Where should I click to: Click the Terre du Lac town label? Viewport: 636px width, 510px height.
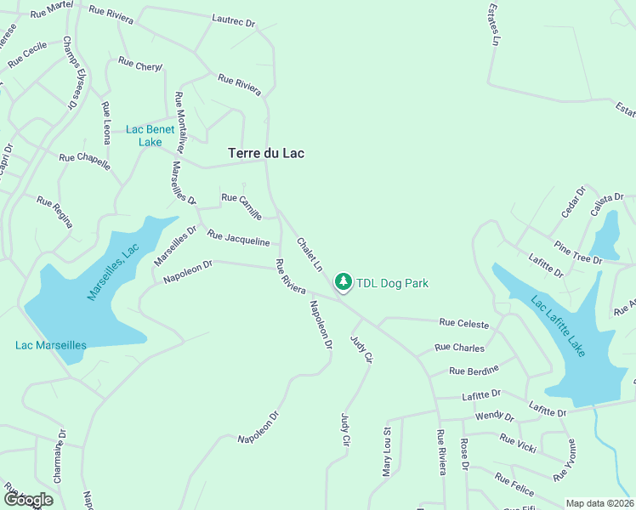click(x=266, y=154)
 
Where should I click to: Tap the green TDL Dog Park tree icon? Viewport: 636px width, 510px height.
click(x=343, y=281)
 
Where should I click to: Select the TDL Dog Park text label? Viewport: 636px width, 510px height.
click(x=392, y=283)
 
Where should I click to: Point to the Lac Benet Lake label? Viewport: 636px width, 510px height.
click(x=150, y=135)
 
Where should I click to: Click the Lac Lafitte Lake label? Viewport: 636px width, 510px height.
click(x=558, y=326)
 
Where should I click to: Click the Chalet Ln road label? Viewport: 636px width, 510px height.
click(x=309, y=254)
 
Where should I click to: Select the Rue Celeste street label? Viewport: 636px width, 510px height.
click(x=463, y=324)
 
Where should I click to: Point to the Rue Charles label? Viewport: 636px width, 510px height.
click(x=459, y=348)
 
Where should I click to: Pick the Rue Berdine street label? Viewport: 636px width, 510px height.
click(x=474, y=371)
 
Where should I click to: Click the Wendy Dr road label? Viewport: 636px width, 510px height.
click(x=495, y=416)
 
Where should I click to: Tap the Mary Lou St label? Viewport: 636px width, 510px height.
click(x=387, y=450)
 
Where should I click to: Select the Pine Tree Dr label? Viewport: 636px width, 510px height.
click(x=577, y=252)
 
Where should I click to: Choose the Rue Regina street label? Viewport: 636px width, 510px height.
click(x=54, y=212)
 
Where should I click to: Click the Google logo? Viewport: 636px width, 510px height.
click(x=28, y=500)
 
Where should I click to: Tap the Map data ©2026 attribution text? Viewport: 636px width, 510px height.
click(x=599, y=503)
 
